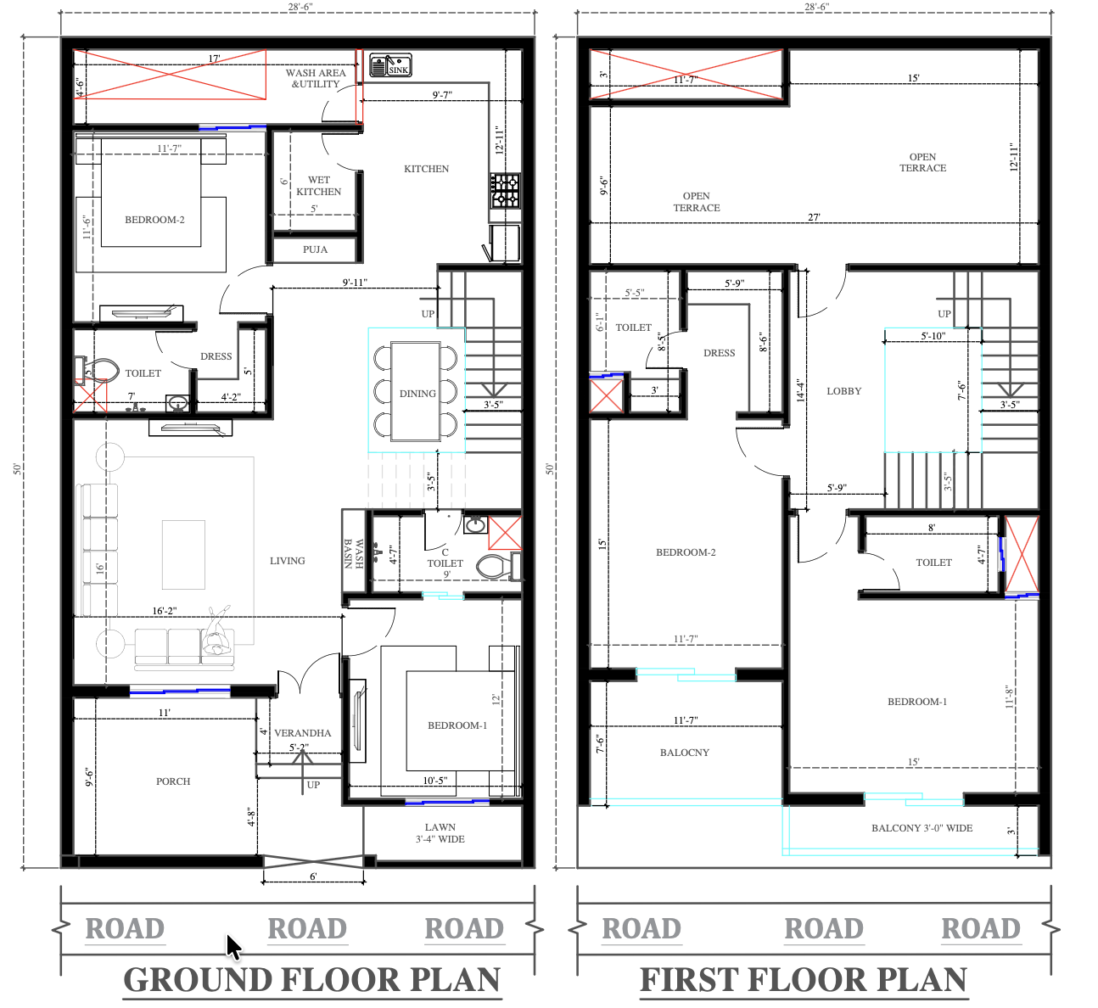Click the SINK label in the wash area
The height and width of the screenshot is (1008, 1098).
point(398,70)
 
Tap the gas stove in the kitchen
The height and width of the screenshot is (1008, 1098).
point(505,191)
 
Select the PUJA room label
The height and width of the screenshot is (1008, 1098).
point(316,249)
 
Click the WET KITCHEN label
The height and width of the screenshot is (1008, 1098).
point(318,186)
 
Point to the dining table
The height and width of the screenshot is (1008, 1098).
point(416,391)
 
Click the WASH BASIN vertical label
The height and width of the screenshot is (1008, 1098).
point(354,554)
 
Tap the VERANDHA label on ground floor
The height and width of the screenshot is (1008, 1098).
point(303,732)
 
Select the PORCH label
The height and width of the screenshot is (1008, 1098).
point(173,781)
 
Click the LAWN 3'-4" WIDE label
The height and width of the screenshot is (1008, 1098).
point(440,833)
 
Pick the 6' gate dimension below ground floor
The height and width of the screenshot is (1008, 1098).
point(314,876)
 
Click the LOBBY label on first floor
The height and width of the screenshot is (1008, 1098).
point(844,391)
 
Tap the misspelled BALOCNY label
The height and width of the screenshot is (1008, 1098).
point(685,753)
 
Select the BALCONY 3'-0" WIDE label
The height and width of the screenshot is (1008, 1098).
point(922,828)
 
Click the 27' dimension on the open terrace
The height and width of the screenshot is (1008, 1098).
point(815,217)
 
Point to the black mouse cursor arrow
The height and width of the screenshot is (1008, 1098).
point(233,947)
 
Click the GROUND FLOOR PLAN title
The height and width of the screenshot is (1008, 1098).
point(312,979)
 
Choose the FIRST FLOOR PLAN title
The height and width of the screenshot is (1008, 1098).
point(804,979)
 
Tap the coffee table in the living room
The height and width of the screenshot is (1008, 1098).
point(183,555)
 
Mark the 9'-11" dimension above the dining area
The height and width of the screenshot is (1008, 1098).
point(355,283)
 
